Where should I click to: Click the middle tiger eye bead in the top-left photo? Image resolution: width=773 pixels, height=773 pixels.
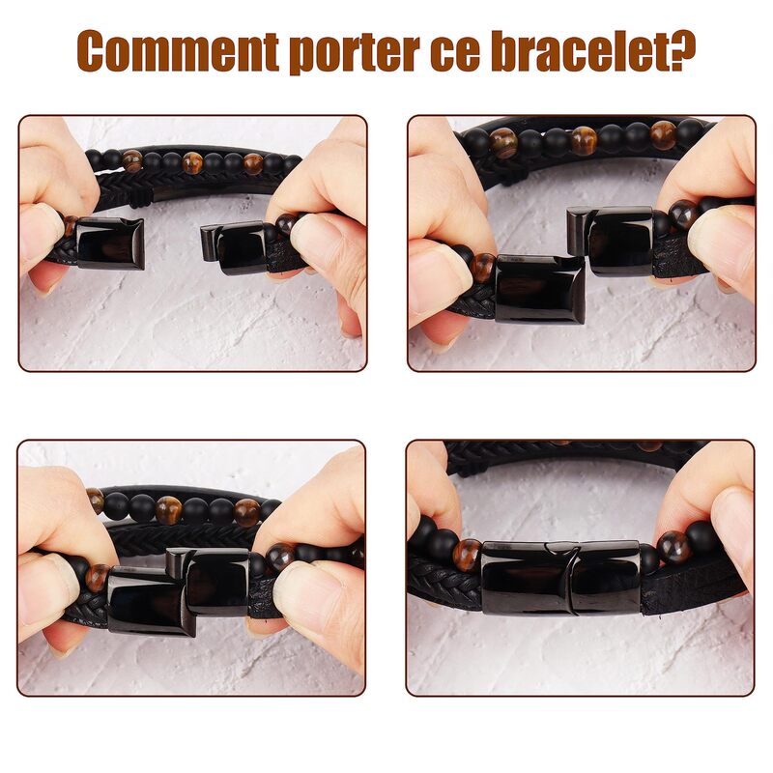tap(192, 163)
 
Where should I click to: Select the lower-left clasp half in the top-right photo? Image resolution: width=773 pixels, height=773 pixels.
tap(540, 289)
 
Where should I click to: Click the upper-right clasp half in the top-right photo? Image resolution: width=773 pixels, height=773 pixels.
tap(611, 241)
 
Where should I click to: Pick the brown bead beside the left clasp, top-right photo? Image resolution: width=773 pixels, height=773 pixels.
tap(482, 268)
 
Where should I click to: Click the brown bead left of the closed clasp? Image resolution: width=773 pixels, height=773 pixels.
tap(467, 556)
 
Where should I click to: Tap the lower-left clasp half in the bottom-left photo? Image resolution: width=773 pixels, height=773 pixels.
tap(151, 601)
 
